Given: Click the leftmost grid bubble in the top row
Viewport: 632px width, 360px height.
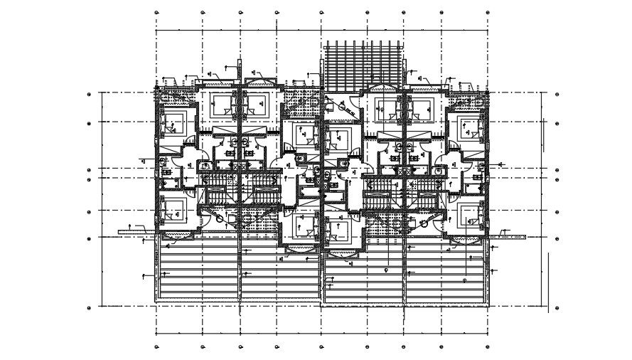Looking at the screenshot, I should (x=156, y=12).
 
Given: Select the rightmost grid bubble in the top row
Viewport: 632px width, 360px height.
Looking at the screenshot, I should (x=487, y=12).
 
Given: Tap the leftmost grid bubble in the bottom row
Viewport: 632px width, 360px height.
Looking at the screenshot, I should (x=156, y=347).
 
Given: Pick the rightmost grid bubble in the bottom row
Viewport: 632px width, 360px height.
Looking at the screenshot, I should (x=487, y=347).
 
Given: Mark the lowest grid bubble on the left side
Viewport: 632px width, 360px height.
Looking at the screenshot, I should (x=89, y=307).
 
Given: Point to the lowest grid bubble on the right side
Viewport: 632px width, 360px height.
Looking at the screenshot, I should (x=557, y=307).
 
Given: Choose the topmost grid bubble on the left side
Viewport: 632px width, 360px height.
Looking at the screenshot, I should (x=89, y=94).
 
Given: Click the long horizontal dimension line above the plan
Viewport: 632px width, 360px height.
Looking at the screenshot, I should (x=321, y=31).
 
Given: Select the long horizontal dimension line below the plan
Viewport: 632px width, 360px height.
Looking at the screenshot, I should (x=321, y=332).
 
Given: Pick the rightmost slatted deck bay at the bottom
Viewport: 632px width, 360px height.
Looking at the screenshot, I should (x=446, y=277).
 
